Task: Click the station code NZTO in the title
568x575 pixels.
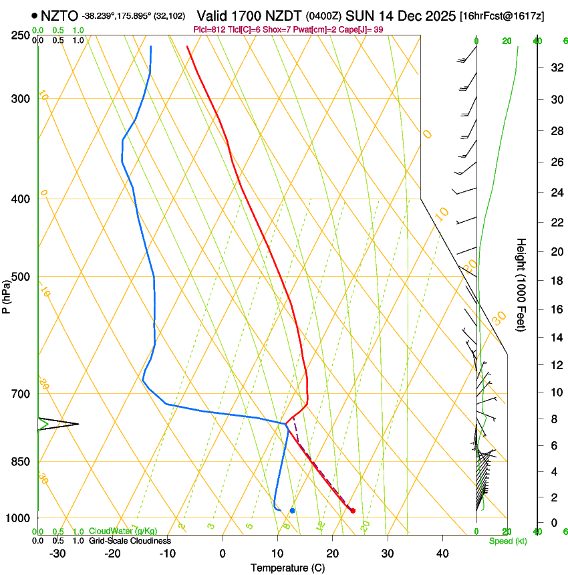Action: pos(59,15)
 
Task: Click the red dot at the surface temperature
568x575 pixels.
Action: pos(353,511)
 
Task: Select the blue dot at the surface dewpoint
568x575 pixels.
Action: pos(292,511)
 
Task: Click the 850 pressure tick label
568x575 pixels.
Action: pos(21,462)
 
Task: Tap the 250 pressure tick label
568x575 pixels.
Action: pos(21,35)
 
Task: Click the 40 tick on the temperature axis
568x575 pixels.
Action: pos(442,554)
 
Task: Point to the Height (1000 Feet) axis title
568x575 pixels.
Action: pos(522,285)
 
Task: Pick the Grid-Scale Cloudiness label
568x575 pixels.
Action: pos(130,541)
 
